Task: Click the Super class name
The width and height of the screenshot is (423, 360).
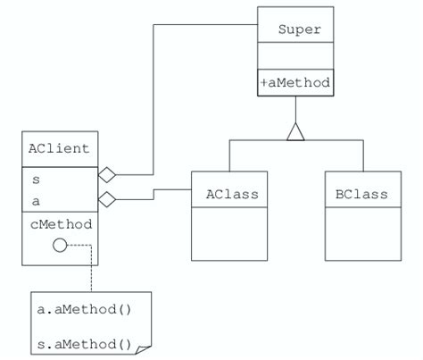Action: point(299,30)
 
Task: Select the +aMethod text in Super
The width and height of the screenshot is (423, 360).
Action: point(295,82)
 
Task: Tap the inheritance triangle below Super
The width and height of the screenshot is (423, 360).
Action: point(295,131)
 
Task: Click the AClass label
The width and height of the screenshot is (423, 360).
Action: point(231,194)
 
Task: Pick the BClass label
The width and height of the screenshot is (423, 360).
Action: point(361,194)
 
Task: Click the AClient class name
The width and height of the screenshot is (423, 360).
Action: point(59,149)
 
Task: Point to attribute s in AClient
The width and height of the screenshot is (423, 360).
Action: point(36,180)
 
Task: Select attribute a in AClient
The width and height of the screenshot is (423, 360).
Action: point(36,201)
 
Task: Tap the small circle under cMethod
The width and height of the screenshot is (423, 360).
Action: point(60,245)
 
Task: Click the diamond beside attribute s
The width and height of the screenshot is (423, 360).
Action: point(107,174)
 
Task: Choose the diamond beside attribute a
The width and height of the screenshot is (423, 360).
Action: point(107,199)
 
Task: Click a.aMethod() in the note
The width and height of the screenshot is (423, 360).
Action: point(84,310)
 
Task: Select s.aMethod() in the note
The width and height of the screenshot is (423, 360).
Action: point(84,343)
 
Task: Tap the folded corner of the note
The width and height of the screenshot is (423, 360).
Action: point(145,345)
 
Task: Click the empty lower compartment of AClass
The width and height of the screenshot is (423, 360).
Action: point(231,234)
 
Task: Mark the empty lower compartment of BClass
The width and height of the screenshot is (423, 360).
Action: point(361,234)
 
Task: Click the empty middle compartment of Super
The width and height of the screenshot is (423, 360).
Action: point(295,56)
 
